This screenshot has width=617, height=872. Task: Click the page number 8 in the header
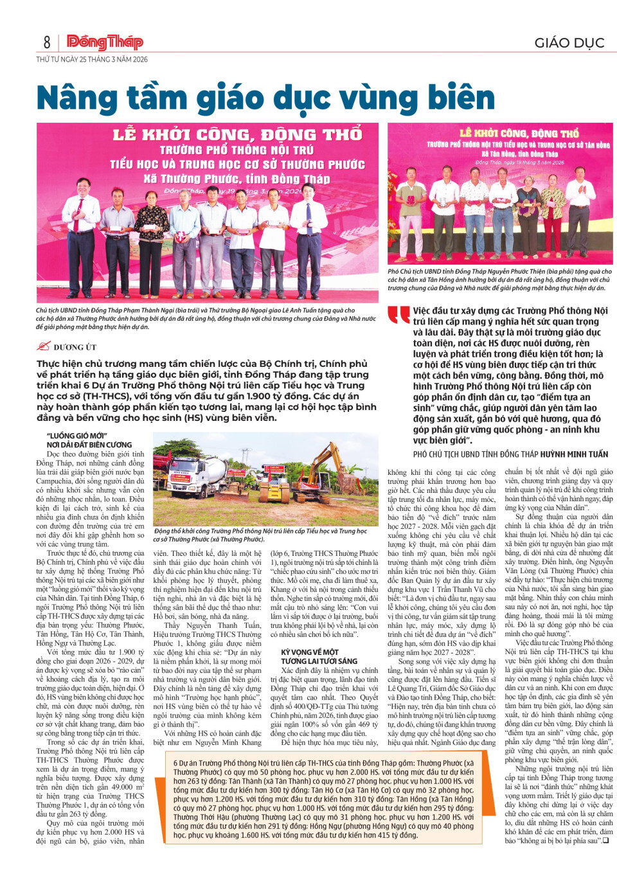[47, 42]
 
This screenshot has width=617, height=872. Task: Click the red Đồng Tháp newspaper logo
[105, 42]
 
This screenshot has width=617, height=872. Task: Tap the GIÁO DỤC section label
[569, 43]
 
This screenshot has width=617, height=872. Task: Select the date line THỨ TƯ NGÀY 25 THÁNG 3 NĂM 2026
[92, 59]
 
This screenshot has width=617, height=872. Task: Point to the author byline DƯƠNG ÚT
[75, 347]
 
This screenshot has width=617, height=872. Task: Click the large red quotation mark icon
[398, 315]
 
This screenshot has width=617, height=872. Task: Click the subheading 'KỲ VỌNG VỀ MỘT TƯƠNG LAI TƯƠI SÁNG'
[319, 656]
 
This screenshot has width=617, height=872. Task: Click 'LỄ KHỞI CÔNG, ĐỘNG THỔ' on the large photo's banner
[238, 135]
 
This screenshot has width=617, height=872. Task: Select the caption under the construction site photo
[264, 535]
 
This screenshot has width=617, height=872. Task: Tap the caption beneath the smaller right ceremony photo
[499, 280]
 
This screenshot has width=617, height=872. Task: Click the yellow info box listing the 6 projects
[323, 799]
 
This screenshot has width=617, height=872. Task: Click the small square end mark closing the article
[605, 840]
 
